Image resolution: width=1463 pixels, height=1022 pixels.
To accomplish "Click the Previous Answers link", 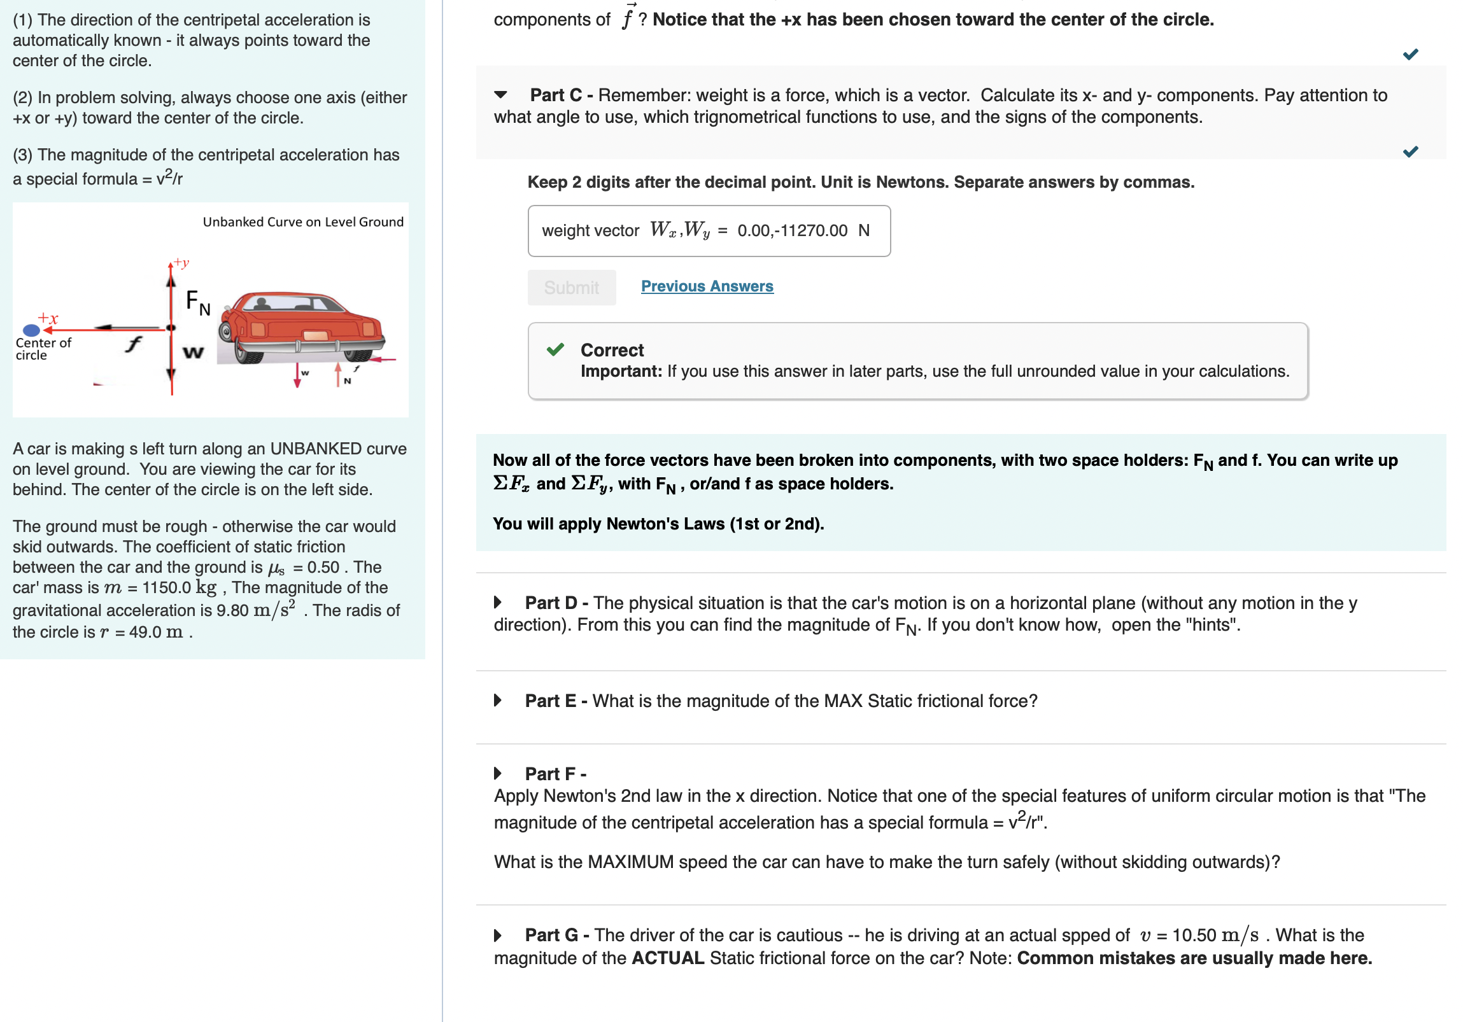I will click(707, 286).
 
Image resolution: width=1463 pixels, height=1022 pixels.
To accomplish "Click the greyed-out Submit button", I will click(571, 288).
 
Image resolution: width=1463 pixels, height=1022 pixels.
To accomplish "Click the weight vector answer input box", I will click(709, 230).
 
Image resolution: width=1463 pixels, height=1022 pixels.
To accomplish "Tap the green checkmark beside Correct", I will click(555, 349).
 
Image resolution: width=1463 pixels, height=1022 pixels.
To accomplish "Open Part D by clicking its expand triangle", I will click(498, 603).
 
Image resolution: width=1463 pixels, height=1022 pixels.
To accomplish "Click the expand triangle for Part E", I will click(498, 701).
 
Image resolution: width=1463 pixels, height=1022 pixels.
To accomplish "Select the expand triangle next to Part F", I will click(498, 774).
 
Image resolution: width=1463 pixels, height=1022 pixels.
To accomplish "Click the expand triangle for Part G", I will click(498, 935).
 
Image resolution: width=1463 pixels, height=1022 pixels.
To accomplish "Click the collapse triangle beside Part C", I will click(501, 95).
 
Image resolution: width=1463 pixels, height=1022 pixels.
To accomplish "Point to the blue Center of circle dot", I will click(31, 330).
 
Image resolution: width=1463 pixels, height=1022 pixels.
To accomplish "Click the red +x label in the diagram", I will click(48, 318).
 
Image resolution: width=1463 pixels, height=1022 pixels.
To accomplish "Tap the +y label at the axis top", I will click(181, 262).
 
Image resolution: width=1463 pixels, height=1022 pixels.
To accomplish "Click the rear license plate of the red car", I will click(315, 335).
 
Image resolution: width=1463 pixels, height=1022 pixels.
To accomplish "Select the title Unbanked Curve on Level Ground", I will click(302, 221).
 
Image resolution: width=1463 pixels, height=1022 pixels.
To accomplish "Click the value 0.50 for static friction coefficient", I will click(323, 568).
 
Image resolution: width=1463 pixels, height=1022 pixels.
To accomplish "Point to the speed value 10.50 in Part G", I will click(1194, 935).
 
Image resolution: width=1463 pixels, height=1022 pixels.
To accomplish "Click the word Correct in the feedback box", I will click(612, 350).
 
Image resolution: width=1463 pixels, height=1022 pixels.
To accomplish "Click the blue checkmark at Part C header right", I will click(1410, 151).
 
